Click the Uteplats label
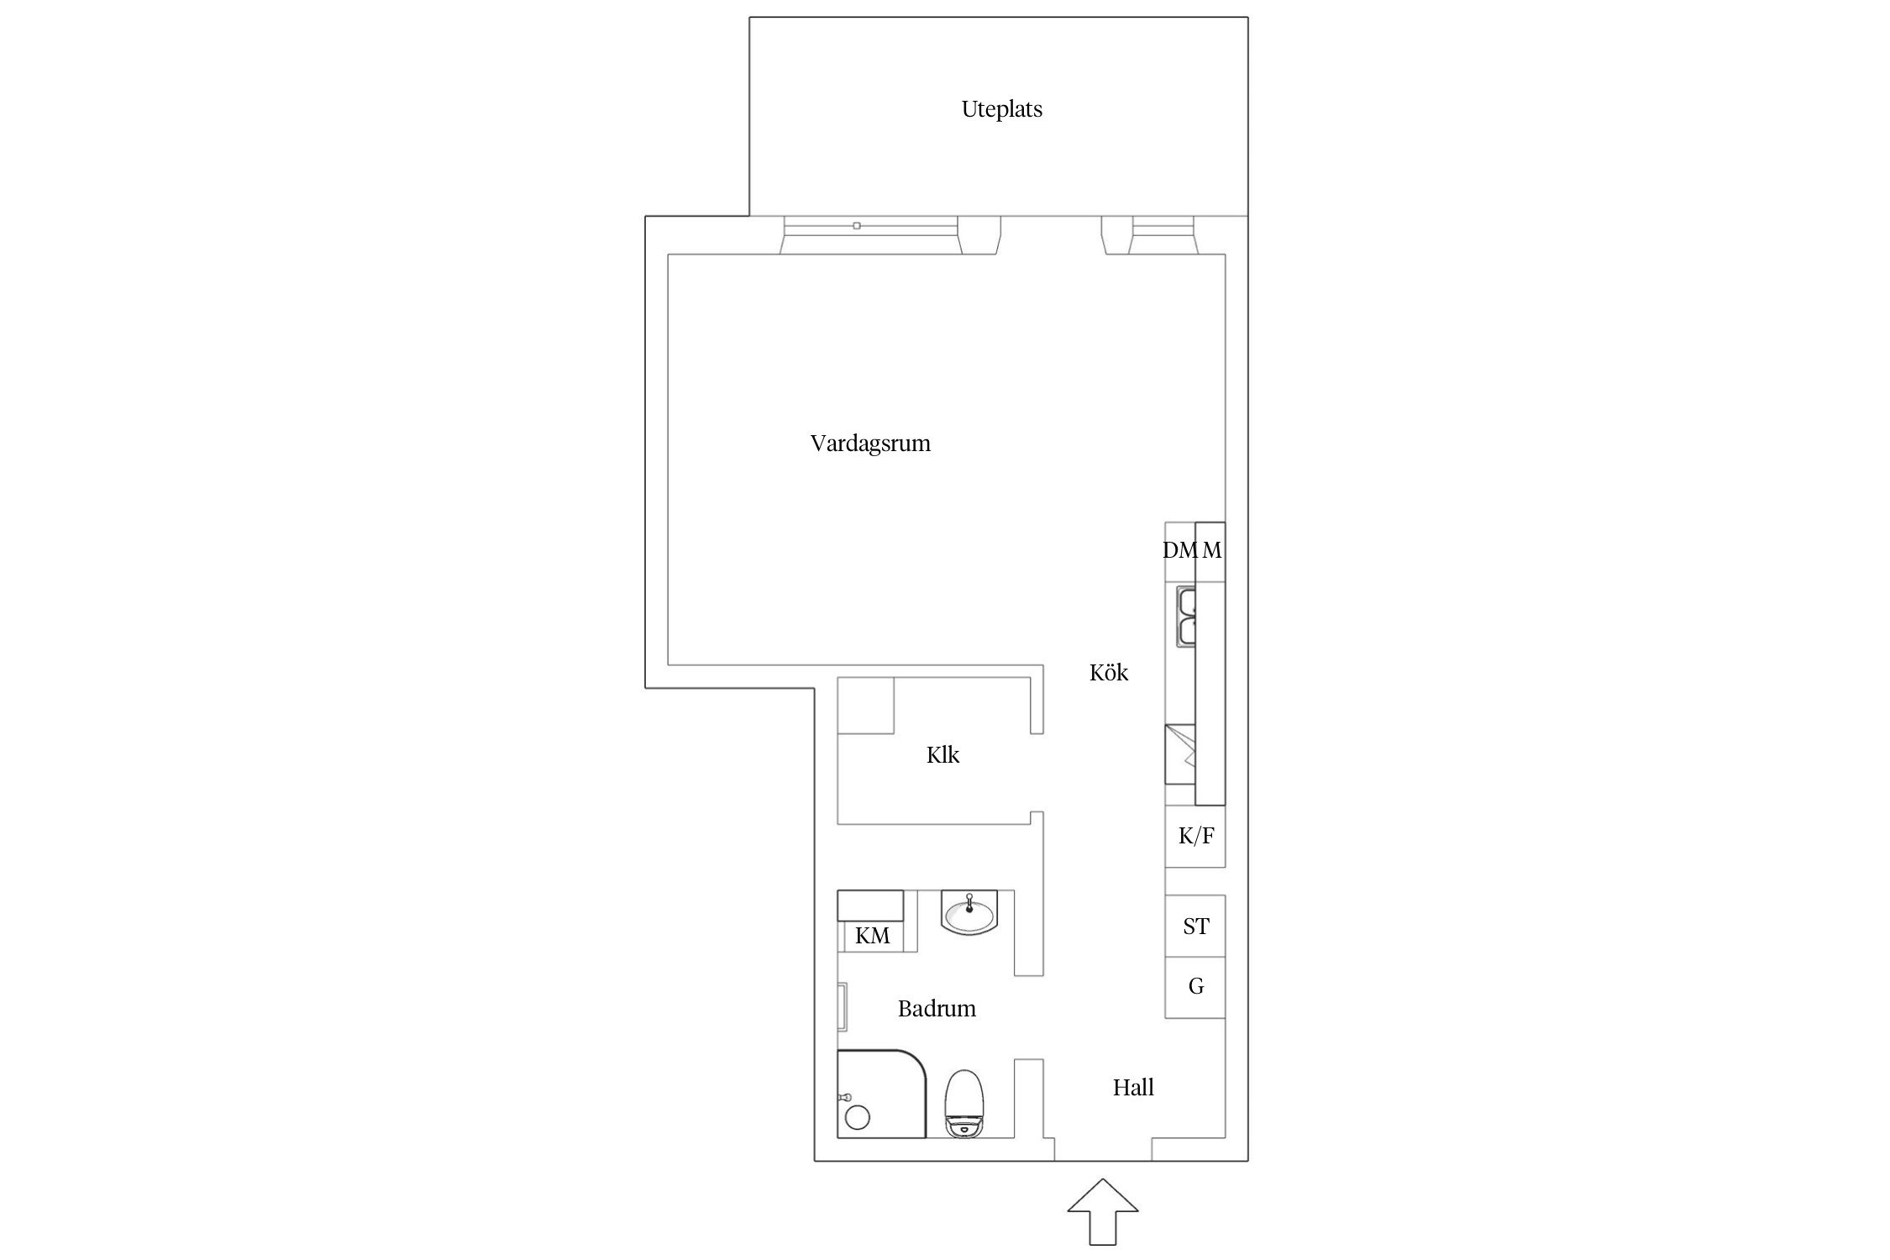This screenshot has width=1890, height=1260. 1001,109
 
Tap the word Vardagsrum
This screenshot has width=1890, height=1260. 870,444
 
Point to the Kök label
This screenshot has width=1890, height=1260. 1109,672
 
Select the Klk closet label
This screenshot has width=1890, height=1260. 942,755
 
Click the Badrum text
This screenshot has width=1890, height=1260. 937,1008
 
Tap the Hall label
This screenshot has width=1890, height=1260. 1133,1088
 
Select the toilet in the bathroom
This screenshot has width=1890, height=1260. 963,1104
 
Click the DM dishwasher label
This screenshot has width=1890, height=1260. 1179,550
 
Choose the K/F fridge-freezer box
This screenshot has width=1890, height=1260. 1195,837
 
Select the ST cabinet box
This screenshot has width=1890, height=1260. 1195,926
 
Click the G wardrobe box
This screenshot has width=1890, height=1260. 1195,988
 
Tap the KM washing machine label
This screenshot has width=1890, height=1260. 872,936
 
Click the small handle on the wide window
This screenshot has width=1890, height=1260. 857,226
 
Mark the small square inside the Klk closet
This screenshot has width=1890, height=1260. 866,706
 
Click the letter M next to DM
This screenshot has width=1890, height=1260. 1211,550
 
